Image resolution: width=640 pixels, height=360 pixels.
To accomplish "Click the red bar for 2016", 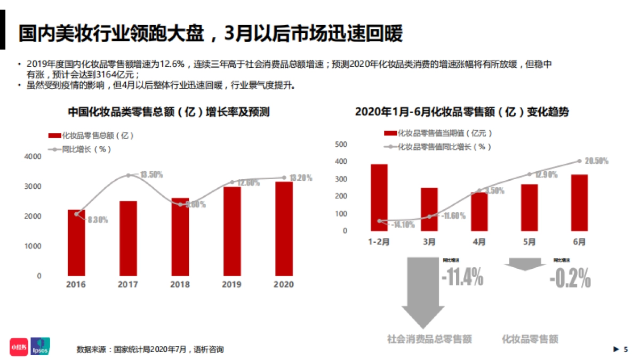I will [x=76, y=243].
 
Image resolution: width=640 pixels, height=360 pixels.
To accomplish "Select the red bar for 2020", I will [x=284, y=229].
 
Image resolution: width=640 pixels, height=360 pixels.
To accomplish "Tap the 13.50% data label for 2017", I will [x=151, y=174].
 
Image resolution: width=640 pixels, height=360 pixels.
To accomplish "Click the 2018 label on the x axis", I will [x=180, y=285].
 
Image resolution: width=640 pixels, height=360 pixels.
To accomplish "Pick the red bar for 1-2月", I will [x=379, y=198].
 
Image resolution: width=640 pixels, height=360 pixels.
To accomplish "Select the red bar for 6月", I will [x=579, y=203].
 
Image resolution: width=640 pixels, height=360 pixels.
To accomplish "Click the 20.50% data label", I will [x=596, y=161].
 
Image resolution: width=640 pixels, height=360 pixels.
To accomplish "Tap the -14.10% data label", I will [x=403, y=225].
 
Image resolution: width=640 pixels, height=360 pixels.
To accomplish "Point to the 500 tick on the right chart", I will [x=340, y=145].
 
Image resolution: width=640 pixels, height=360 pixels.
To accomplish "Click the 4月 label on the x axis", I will [x=479, y=242].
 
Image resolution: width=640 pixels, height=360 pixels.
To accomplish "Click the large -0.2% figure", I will [x=570, y=278].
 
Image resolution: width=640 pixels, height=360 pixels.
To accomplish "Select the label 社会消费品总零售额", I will [x=429, y=339].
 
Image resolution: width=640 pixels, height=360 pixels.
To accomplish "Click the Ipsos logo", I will [x=40, y=346].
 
